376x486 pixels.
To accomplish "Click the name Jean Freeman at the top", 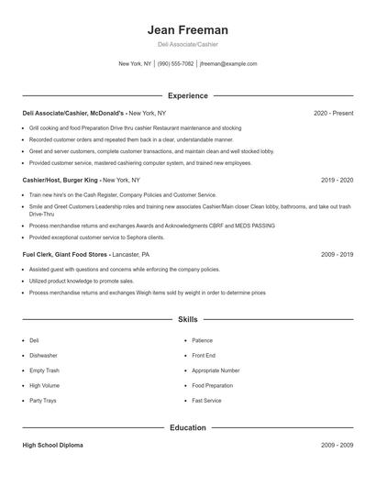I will pos(187,29).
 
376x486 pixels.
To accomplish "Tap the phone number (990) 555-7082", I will pos(175,64).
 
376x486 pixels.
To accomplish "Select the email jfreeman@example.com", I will pos(228,64).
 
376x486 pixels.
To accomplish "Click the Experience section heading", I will pos(187,95).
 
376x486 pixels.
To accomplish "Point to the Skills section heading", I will pos(187,320).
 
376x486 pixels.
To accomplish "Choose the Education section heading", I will pos(187,427).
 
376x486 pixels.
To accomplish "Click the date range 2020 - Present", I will pos(333,113).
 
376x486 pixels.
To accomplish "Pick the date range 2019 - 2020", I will pos(337,181).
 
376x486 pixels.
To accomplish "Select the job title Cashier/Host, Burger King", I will pos(60,181).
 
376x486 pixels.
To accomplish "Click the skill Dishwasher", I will pos(43,355).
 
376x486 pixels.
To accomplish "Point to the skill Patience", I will pos(202,340).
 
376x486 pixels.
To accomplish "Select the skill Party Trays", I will pos(43,401).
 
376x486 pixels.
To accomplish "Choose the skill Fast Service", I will pos(205,401).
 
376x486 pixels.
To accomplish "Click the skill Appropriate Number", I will pos(216,370).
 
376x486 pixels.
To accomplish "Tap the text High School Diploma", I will pos(54,445).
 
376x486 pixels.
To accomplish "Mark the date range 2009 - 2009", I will pos(337,445).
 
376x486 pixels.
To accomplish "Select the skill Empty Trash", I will pos(44,370).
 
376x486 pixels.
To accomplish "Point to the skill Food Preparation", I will pos(213,385).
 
